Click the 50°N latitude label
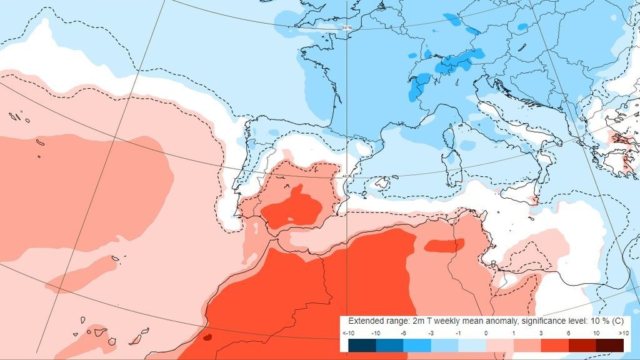coord(346,28)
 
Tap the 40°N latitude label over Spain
coord(346,176)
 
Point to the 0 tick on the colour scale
coord(486,334)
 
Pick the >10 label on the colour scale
coord(622,334)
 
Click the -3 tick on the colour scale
coord(431,334)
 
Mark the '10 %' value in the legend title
coord(591,320)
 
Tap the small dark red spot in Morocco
coord(207,337)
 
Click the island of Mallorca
coord(379,184)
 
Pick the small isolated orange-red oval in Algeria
coord(444,245)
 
